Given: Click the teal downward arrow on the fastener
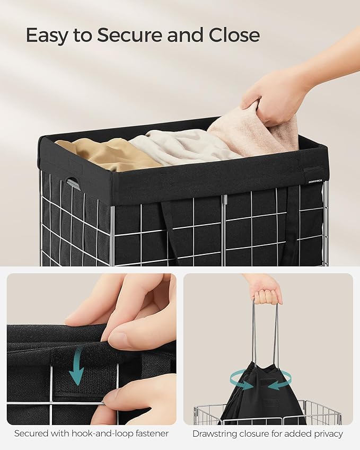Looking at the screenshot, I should pos(77,366).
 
